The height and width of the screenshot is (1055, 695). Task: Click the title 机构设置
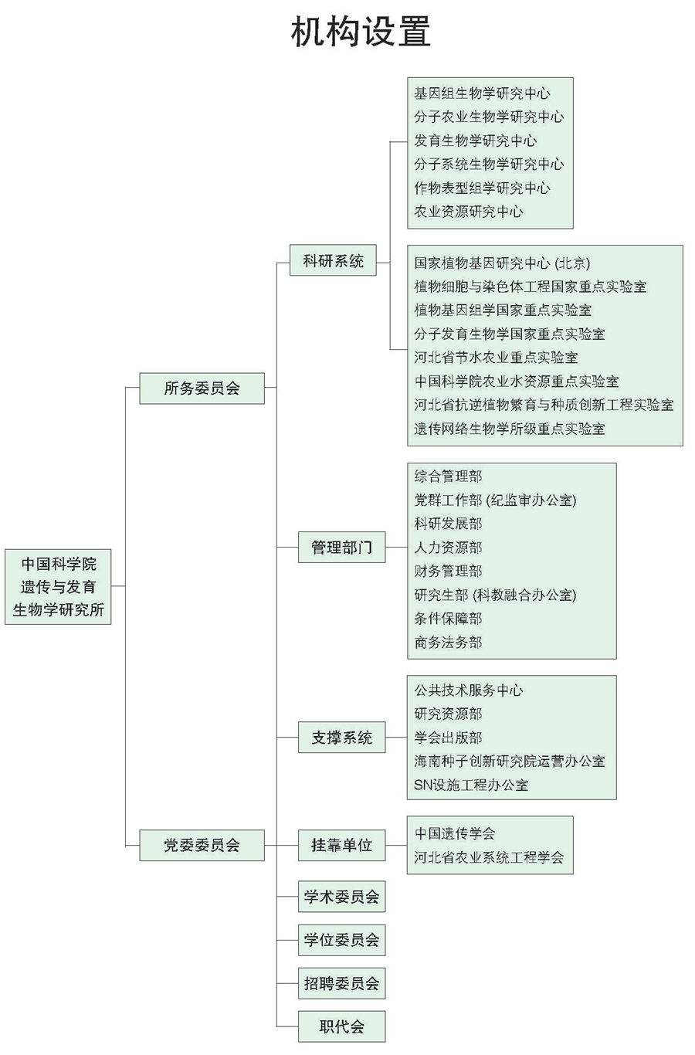361,33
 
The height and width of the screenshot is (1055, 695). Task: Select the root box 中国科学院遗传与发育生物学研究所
58,587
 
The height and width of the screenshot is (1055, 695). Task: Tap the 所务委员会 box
202,388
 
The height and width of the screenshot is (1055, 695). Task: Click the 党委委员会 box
202,845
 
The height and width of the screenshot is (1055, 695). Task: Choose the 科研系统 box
333,261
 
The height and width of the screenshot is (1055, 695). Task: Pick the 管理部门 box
341,548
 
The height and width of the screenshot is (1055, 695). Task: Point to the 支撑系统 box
341,738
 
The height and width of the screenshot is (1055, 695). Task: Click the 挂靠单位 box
341,845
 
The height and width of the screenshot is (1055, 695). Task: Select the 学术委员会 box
341,897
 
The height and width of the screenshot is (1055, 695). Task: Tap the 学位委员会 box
341,940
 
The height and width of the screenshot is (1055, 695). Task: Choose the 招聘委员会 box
341,984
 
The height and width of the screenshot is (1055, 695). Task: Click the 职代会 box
341,1026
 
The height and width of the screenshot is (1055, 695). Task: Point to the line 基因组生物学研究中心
482,93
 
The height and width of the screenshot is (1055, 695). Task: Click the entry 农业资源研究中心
468,212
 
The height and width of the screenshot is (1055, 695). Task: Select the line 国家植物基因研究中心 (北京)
502,263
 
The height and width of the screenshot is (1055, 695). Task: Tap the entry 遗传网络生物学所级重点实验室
510,429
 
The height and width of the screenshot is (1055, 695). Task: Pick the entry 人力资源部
448,548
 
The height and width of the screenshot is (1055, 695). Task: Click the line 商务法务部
448,643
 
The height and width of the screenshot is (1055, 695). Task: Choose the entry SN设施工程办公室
471,785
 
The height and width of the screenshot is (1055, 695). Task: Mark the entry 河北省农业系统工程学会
489,857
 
